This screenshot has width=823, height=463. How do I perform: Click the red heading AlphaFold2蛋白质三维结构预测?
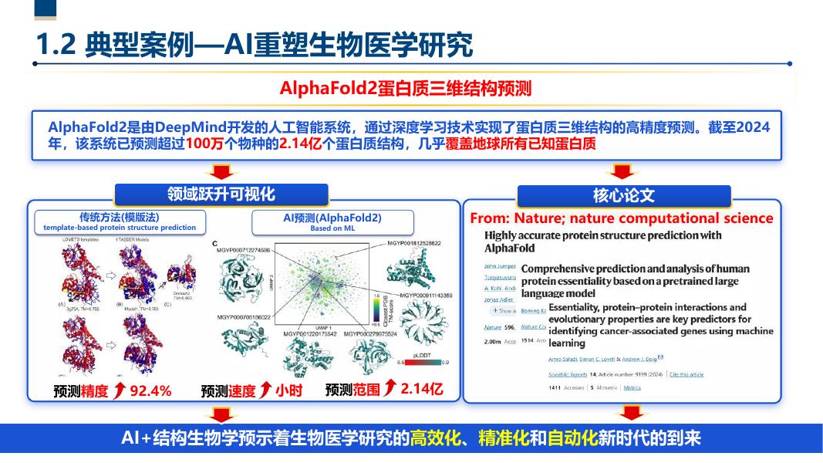click(406, 88)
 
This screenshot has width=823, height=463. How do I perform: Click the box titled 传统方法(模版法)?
click(120, 221)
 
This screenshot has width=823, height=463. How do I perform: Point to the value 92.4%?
click(150, 391)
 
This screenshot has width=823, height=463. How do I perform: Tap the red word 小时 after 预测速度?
click(288, 391)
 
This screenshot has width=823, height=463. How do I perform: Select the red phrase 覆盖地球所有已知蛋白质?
click(521, 144)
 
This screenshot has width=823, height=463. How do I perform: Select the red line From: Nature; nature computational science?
click(621, 218)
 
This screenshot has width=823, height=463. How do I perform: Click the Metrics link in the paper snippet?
click(632, 387)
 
